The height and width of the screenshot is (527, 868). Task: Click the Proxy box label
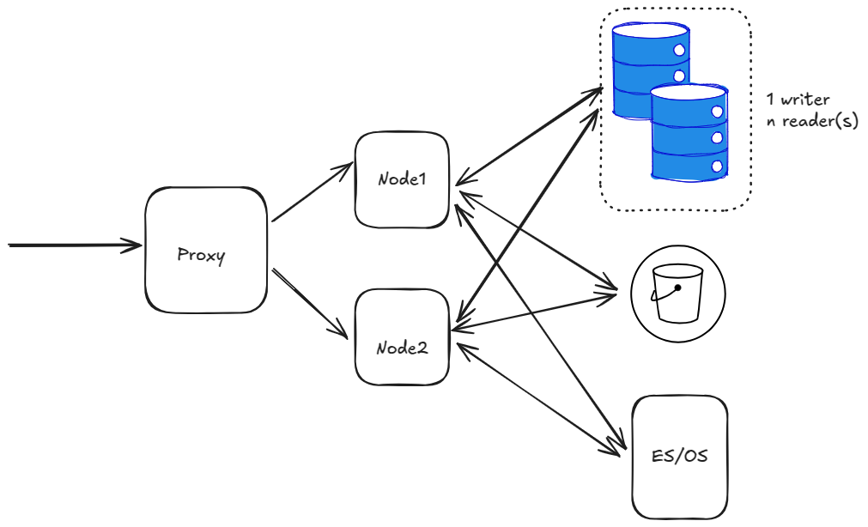point(202,255)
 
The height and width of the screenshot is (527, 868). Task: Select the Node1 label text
point(402,180)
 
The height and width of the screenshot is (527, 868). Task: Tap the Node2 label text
point(402,348)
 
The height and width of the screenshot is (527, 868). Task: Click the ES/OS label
point(680,456)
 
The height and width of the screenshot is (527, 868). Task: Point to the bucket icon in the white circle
point(677,294)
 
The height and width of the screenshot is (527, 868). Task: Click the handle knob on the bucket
point(677,288)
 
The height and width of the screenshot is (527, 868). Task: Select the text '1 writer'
point(798,100)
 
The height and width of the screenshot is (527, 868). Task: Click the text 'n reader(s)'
point(811,121)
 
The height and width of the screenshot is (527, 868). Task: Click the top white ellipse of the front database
point(689,92)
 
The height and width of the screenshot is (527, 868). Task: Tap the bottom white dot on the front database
point(717,166)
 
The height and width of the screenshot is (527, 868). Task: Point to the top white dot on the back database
point(679,51)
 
